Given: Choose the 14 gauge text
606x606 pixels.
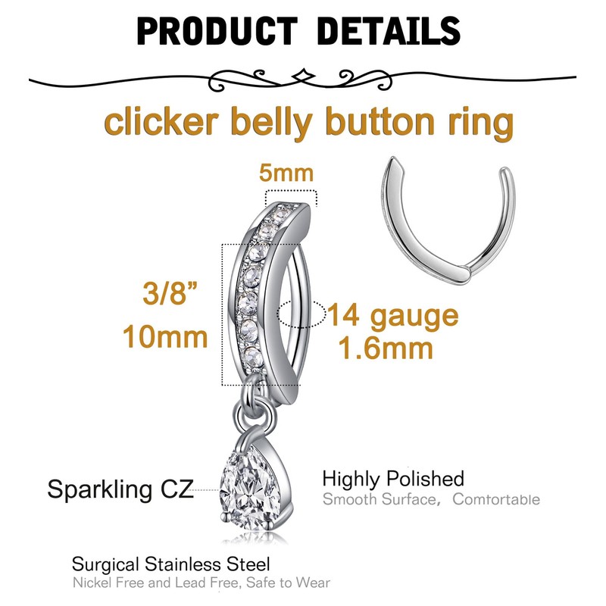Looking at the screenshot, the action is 392,315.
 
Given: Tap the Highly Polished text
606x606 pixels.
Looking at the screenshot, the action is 392,479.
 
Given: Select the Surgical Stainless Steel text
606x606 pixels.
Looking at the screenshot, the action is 170,564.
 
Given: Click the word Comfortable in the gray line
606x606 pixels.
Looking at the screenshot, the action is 495,499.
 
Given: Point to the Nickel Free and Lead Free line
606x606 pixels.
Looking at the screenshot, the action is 201,583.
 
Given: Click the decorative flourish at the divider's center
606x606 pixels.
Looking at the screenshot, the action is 302,76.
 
